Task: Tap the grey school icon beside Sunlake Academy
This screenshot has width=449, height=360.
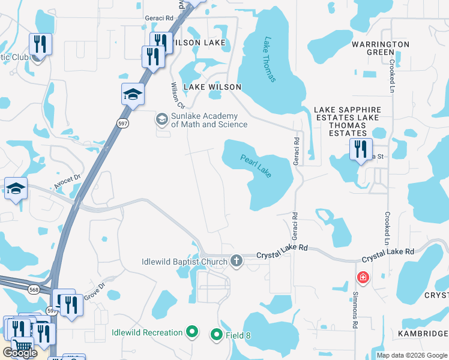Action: tap(161, 119)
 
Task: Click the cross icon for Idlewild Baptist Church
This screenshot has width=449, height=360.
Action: tap(237, 261)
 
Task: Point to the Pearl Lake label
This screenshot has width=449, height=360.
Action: tap(256, 166)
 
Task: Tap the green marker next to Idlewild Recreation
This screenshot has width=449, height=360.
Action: tap(192, 331)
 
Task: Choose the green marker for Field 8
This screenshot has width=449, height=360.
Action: tap(216, 335)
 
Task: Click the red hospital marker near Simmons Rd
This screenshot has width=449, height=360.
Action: tap(363, 277)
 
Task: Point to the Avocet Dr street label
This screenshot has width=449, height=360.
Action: tap(68, 182)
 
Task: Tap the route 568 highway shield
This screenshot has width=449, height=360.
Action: tap(33, 289)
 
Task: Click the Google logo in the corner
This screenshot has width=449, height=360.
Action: tap(20, 353)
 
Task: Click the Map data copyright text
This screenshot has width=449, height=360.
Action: tap(412, 355)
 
